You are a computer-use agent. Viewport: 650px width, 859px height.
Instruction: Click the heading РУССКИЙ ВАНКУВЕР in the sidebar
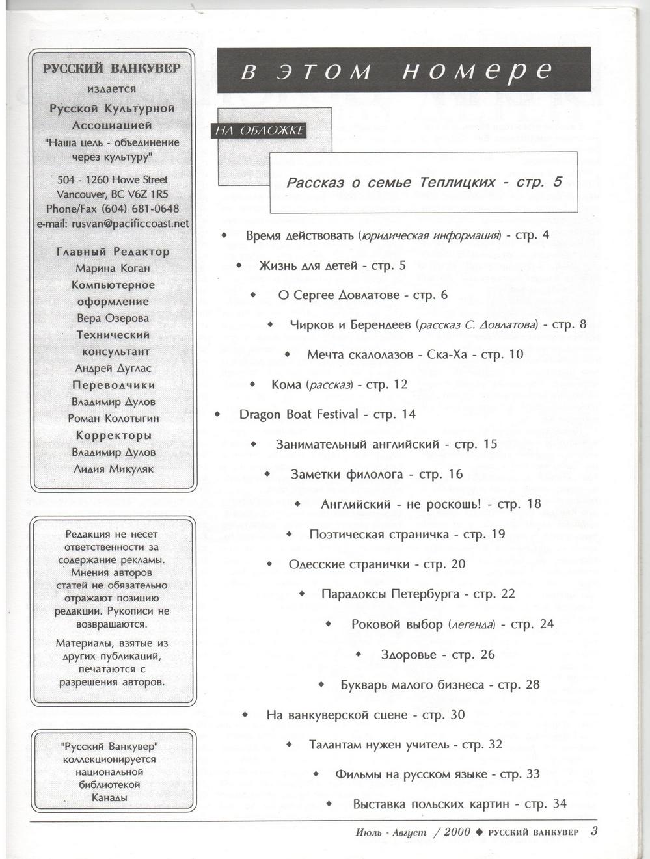111,68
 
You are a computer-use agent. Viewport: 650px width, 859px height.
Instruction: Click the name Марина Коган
113,268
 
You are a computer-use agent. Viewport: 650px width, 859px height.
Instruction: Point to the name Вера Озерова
113,318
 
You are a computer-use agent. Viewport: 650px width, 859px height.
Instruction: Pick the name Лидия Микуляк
113,469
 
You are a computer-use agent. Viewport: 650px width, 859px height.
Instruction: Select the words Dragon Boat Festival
299,414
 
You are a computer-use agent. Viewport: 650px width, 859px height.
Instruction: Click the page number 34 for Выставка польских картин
560,804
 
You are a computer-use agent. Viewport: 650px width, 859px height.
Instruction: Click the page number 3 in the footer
594,830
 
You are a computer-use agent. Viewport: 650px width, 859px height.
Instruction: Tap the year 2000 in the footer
457,831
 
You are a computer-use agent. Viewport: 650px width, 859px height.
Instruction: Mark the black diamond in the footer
480,832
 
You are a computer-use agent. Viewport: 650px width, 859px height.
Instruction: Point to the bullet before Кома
253,384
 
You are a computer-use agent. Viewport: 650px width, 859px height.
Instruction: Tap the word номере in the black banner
478,71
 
